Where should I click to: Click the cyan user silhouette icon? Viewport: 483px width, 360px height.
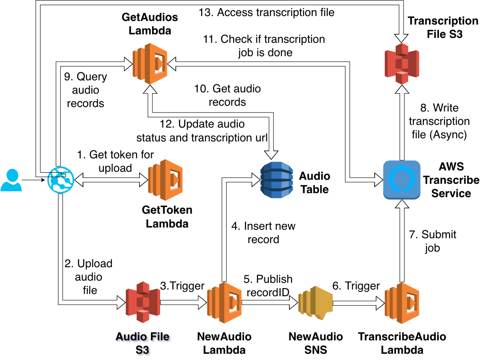[x=11, y=180]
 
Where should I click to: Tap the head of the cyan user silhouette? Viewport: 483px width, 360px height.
[x=12, y=174]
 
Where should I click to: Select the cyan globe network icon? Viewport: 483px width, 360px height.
[x=61, y=180]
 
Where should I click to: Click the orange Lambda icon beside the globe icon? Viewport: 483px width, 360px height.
[x=165, y=180]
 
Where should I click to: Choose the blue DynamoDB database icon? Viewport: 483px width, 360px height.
[x=277, y=180]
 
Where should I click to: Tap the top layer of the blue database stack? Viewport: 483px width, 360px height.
[x=277, y=166]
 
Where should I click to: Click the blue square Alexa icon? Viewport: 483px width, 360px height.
[x=401, y=180]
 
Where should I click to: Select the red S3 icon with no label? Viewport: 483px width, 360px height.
[x=401, y=63]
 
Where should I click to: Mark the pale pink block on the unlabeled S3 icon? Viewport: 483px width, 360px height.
[x=402, y=73]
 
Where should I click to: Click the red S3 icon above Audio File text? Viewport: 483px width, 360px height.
[x=143, y=302]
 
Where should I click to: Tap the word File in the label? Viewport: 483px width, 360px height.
[x=159, y=337]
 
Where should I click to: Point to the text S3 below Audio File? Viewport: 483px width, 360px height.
[x=143, y=351]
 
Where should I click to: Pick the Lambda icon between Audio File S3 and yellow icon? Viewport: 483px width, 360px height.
[x=224, y=302]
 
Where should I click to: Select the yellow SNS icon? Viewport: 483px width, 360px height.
[x=316, y=302]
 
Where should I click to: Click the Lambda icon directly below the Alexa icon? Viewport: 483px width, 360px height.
[x=401, y=303]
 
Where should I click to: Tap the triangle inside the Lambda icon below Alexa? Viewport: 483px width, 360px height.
[x=411, y=303]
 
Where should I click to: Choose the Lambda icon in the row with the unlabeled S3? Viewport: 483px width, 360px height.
[x=150, y=63]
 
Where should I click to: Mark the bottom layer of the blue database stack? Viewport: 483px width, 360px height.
[x=277, y=194]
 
